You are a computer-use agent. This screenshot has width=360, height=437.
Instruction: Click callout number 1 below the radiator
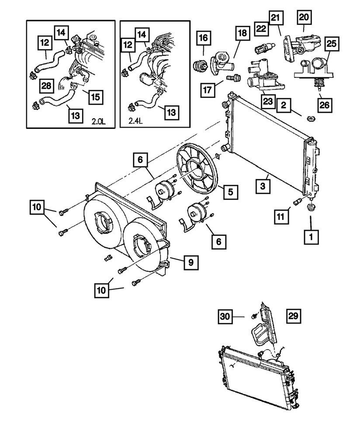[312, 237]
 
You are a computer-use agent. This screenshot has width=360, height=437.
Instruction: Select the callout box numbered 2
[284, 105]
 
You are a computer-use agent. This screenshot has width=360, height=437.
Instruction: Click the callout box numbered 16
[204, 38]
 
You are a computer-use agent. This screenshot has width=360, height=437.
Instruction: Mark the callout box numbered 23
[267, 102]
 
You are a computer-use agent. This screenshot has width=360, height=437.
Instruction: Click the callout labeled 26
[324, 104]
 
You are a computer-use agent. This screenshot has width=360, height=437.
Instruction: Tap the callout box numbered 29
[294, 315]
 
